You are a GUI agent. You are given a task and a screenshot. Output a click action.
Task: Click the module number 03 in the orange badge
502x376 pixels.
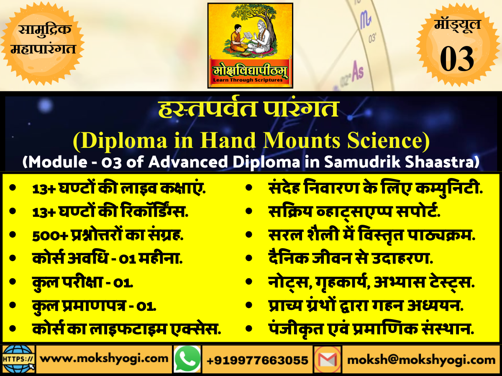[457, 58]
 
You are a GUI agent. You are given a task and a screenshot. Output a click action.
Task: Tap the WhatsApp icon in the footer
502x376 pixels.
[187, 359]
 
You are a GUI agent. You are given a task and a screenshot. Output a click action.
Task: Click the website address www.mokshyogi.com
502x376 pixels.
[105, 359]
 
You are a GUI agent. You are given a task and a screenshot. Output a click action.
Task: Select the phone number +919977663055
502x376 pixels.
[258, 360]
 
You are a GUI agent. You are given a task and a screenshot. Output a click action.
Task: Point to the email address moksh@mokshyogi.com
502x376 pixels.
[421, 359]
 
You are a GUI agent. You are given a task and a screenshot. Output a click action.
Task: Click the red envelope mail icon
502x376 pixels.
[328, 359]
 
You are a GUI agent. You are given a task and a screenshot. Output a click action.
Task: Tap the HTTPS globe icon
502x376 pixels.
[18, 359]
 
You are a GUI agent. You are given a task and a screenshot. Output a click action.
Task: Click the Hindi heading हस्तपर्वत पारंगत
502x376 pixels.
[248, 109]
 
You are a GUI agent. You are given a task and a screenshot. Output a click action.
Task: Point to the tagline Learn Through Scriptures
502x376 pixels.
[250, 79]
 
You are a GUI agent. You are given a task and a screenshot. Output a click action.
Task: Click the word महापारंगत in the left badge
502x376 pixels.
[44, 49]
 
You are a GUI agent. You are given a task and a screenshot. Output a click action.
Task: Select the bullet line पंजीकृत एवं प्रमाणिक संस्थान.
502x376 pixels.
[371, 330]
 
